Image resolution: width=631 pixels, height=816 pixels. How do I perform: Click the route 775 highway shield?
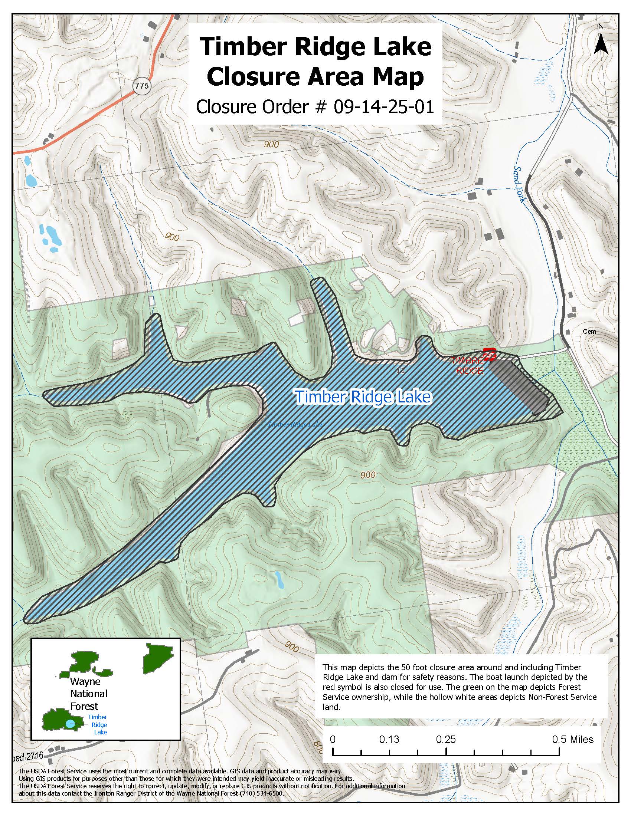click(x=142, y=86)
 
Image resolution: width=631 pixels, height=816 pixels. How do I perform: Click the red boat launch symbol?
click(x=489, y=354)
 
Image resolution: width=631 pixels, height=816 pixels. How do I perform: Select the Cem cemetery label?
click(x=589, y=331)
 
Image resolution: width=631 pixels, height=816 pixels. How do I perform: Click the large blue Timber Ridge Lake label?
click(x=363, y=397)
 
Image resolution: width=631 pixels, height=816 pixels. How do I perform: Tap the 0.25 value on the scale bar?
click(x=445, y=739)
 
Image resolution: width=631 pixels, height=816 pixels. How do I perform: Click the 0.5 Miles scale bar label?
click(x=573, y=739)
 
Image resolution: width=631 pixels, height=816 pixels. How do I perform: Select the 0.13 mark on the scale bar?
click(x=389, y=739)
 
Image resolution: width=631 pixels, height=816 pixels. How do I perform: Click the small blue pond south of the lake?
click(x=278, y=579)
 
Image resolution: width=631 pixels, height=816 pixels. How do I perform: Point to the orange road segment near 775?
click(x=112, y=112)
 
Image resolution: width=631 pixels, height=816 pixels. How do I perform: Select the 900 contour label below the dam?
click(x=368, y=475)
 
